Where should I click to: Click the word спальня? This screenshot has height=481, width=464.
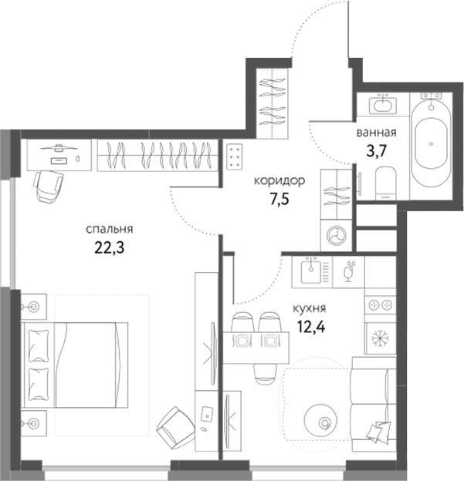[x=110, y=228]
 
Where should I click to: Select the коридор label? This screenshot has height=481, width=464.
[x=279, y=181]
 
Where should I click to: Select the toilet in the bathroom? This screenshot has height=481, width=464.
[x=384, y=182]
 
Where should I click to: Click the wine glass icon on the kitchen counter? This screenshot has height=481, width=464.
[x=348, y=271]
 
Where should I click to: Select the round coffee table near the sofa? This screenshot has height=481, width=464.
[x=323, y=421]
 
